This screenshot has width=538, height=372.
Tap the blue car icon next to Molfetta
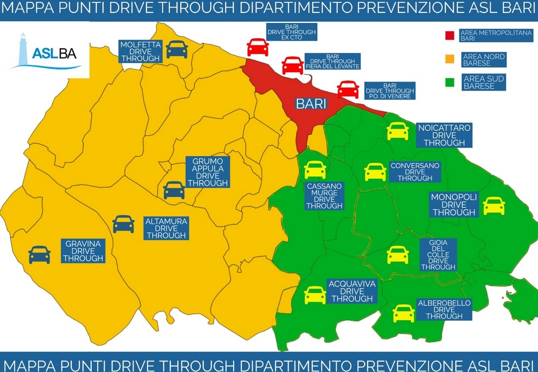click(177, 49)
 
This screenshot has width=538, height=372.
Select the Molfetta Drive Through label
click(140, 51)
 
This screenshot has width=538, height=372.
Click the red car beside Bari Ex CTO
click(258, 47)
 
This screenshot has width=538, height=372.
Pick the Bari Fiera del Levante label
click(332, 62)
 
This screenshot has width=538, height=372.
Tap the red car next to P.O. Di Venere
click(348, 90)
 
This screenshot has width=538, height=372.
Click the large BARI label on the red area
click(311, 104)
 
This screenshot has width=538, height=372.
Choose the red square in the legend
click(449, 35)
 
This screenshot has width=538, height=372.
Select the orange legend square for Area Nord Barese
click(449, 59)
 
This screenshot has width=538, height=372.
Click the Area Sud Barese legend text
click(484, 82)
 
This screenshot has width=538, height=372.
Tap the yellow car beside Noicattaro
click(398, 131)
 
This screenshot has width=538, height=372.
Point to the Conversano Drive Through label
click(414, 172)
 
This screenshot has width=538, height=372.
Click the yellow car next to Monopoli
click(494, 206)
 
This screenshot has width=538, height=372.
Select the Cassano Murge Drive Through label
click(324, 196)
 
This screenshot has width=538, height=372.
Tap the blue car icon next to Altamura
click(124, 224)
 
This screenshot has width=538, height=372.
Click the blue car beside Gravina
click(39, 255)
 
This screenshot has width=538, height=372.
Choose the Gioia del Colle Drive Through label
click(438, 255)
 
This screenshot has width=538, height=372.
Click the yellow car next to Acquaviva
click(315, 295)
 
